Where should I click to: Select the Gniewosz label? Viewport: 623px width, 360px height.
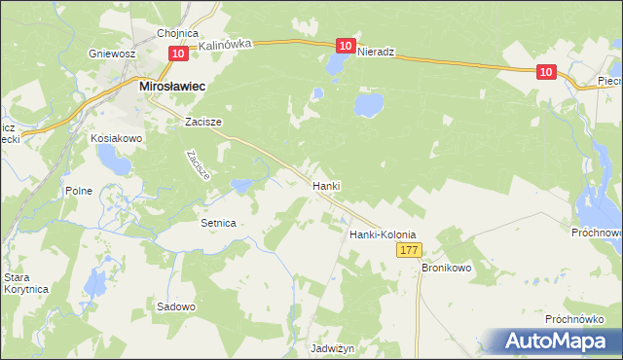coord(110,54)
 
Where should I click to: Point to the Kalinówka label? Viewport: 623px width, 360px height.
coord(226,45)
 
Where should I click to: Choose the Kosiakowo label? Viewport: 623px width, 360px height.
coord(117,139)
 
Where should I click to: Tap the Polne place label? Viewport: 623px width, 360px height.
coord(79,191)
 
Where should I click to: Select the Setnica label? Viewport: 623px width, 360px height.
coord(218,223)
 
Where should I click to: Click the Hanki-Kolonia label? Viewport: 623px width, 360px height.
coord(383,234)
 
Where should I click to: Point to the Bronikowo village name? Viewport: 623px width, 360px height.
coord(446,267)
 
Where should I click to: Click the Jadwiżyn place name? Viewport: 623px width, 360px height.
coord(332,348)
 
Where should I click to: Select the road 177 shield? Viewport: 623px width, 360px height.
coord(409,251)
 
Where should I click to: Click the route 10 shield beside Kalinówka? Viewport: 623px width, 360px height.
coord(176,55)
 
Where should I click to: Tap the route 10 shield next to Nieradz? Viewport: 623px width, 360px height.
coord(346,46)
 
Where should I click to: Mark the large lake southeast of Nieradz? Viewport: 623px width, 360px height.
coord(368,103)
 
